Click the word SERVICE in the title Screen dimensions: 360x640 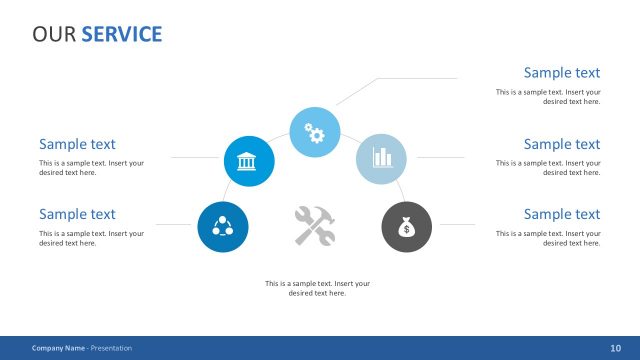tap(121, 34)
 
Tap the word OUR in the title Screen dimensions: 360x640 tap(54, 34)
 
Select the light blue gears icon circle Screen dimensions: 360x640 tap(314, 131)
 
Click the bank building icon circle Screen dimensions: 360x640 tap(248, 161)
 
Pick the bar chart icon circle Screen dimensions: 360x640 tap(381, 158)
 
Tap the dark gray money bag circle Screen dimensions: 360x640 tap(406, 226)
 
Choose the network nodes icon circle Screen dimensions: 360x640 tap(222, 225)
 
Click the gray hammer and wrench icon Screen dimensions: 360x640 tap(315, 225)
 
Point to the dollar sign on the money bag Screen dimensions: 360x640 tap(406, 230)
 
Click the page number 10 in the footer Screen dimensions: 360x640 tap(615, 348)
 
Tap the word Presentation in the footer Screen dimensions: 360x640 tap(111, 348)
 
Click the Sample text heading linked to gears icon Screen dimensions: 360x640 tap(561, 73)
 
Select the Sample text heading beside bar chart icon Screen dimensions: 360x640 tap(561, 145)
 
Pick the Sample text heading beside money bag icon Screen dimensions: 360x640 tap(561, 214)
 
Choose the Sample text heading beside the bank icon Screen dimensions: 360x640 tap(77, 145)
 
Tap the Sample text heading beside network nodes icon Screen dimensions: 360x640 tap(77, 214)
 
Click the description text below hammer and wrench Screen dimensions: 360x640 tap(317, 288)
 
